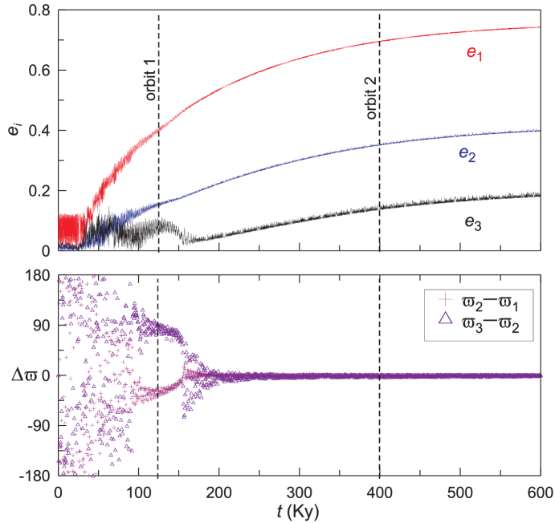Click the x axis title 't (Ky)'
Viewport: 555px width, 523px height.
tap(299, 511)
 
